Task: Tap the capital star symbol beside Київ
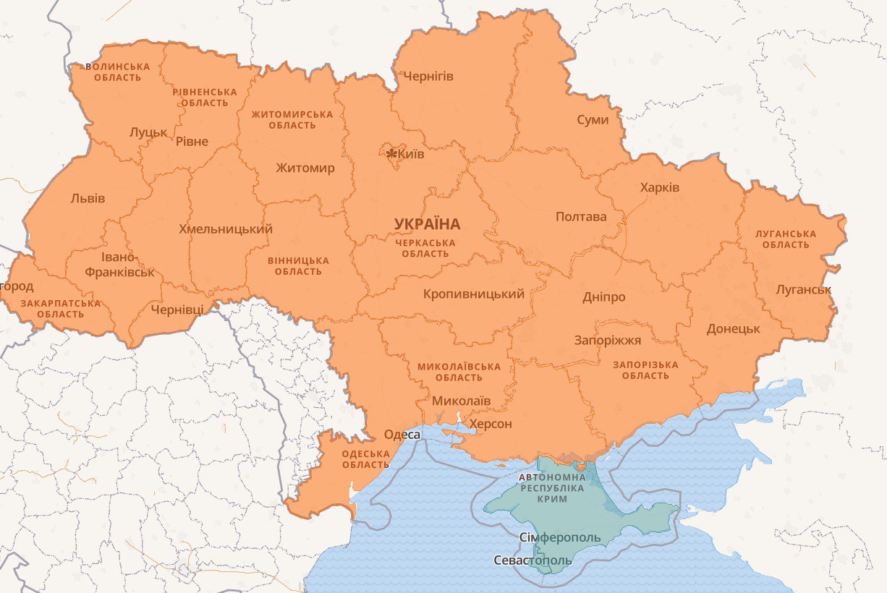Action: (391, 153)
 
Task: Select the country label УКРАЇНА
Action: (427, 224)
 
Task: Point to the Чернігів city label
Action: (428, 76)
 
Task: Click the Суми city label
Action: (593, 120)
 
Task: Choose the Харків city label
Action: (660, 187)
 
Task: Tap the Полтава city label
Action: (581, 217)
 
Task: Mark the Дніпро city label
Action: (603, 297)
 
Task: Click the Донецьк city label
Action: (734, 328)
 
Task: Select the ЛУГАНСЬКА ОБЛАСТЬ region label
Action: (785, 239)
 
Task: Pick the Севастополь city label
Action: (532, 560)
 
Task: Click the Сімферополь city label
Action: (560, 538)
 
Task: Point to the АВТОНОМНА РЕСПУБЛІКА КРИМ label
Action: (553, 489)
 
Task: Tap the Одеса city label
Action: (402, 435)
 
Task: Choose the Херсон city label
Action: (491, 424)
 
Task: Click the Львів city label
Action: (88, 198)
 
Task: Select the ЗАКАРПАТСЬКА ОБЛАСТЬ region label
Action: (60, 309)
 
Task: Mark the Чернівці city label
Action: (177, 310)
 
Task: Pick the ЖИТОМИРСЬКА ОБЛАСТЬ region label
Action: (292, 120)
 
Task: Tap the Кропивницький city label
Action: (474, 294)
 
